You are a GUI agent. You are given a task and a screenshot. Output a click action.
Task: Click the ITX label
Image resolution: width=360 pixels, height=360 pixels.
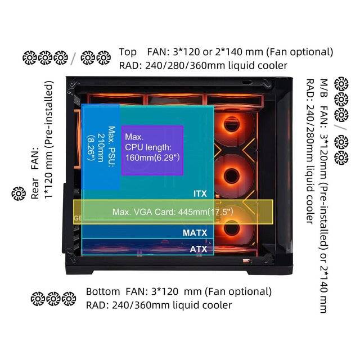pyautogui.click(x=200, y=193)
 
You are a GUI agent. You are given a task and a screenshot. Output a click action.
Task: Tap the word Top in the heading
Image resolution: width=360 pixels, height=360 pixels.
pyautogui.click(x=128, y=52)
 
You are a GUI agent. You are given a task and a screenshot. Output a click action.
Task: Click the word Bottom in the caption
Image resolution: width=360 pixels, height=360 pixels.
pyautogui.click(x=103, y=292)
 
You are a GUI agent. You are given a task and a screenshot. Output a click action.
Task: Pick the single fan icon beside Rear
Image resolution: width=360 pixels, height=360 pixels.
pyautogui.click(x=17, y=193)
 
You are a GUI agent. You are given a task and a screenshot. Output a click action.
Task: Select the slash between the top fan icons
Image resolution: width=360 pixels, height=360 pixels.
pyautogui.click(x=74, y=57)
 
